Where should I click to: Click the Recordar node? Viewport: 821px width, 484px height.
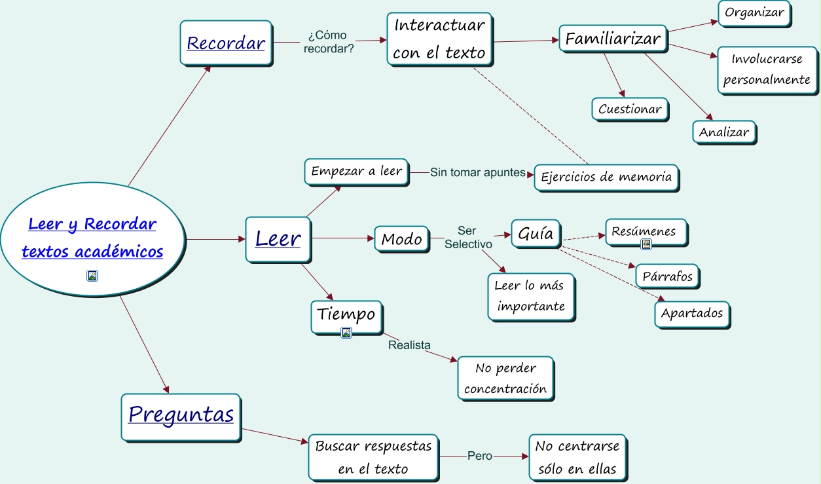[x=226, y=43]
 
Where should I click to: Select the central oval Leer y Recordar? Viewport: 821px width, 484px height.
[x=92, y=238]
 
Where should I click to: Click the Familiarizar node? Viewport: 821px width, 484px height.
[x=613, y=39]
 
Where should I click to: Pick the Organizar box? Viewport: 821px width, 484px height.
[x=754, y=13]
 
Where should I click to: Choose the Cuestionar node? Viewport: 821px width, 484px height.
[x=629, y=109]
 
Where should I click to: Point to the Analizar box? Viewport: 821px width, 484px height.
[x=723, y=132]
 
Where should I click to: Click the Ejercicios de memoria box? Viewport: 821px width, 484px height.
[x=606, y=177]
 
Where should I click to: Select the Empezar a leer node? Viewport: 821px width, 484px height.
[x=356, y=172]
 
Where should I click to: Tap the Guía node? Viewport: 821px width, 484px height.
[x=536, y=234]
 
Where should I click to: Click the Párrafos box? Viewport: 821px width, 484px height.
[x=667, y=276]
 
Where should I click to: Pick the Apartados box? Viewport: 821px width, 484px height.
[x=691, y=313]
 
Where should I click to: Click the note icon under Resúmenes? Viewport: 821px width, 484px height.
[x=647, y=244]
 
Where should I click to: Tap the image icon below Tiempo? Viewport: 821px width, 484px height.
[x=346, y=333]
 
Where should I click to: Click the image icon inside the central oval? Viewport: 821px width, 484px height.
[x=92, y=276]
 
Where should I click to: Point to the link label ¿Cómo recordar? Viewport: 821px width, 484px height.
[x=328, y=41]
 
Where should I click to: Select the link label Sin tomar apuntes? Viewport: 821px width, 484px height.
[x=477, y=173]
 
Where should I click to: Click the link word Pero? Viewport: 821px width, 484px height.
[x=479, y=456]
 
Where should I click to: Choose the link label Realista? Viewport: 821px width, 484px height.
[x=409, y=345]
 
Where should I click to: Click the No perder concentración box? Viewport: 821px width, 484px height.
[x=505, y=378]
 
